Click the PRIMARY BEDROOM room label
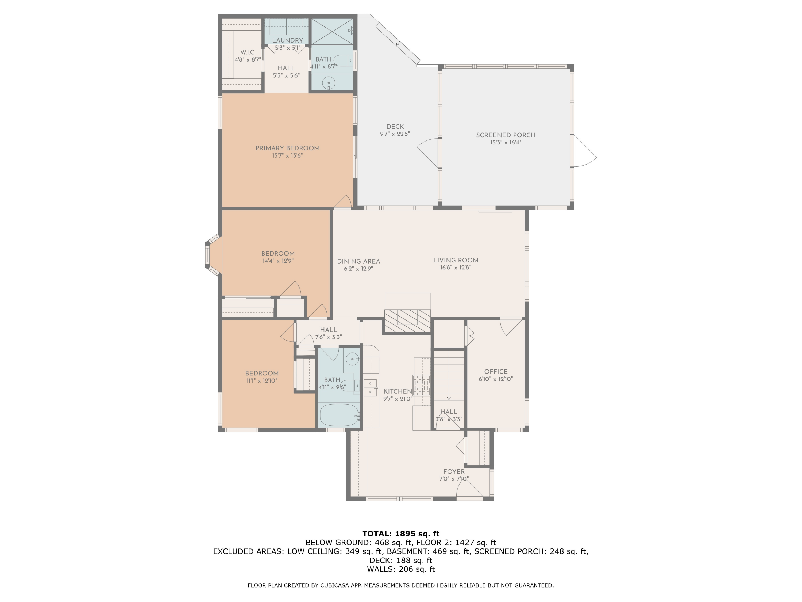tap(287, 148)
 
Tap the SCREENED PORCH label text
tap(506, 135)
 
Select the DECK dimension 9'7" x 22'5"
tap(395, 134)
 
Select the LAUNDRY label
tap(287, 40)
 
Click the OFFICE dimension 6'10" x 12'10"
tap(496, 379)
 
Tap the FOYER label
tap(454, 471)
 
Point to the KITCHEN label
tap(398, 391)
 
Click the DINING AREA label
tap(358, 261)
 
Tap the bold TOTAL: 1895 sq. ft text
tap(401, 534)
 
